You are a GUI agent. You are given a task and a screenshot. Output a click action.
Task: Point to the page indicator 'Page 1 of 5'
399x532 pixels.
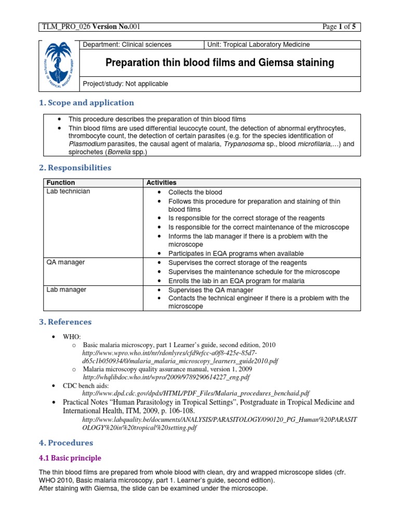click(338, 27)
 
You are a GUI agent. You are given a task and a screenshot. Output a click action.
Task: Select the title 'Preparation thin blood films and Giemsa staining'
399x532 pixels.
click(220, 63)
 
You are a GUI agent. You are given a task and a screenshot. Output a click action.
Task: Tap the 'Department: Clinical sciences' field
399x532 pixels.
click(127, 45)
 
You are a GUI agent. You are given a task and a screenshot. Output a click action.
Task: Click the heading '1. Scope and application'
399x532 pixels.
click(86, 103)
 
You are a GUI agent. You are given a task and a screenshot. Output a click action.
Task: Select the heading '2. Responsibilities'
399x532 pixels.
click(75, 168)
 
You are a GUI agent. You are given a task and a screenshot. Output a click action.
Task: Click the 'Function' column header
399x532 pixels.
click(61, 182)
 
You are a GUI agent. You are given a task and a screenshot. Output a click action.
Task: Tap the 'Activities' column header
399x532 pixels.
click(162, 182)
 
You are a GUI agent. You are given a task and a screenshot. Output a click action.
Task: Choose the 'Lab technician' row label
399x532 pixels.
click(68, 191)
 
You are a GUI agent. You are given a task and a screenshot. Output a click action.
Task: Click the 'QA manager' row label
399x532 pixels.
click(65, 262)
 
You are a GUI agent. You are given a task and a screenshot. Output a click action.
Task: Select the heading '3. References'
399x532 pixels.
click(65, 322)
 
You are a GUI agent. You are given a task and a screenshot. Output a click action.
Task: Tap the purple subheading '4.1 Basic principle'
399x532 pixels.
click(70, 458)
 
